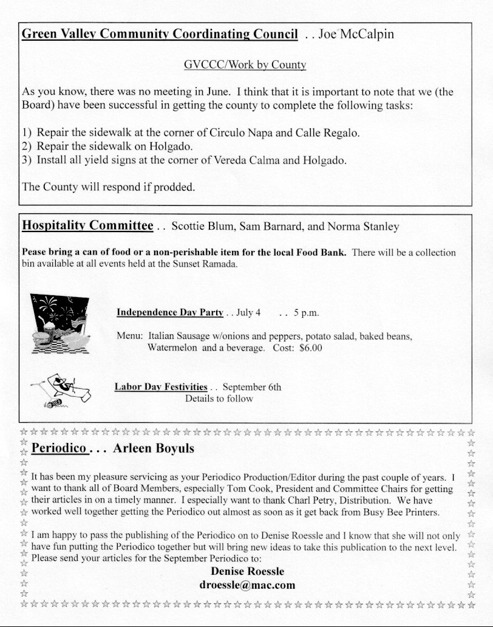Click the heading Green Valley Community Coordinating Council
[160, 34]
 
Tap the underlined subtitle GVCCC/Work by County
[245, 64]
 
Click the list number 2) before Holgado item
[27, 146]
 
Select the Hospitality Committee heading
[87, 226]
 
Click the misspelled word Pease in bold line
[33, 252]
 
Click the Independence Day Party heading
[170, 313]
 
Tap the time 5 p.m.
[306, 313]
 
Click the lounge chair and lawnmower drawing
[60, 391]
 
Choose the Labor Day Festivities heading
[161, 387]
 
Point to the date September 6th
[252, 387]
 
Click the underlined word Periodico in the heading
[59, 449]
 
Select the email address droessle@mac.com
[247, 585]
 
